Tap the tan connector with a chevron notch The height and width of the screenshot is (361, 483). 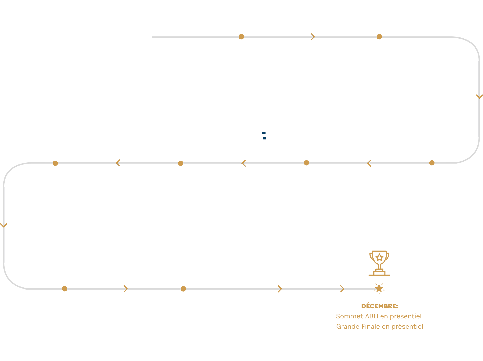click(278, 290)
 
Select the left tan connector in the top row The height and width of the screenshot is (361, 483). click(241, 37)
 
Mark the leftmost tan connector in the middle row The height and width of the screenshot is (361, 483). click(55, 165)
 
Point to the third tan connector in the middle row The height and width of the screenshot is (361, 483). click(306, 164)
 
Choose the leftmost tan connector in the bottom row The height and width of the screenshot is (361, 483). click(65, 289)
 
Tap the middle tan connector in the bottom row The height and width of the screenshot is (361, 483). click(183, 290)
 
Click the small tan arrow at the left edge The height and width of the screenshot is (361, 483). click(8, 224)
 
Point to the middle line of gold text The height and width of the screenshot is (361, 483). click(379, 318)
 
